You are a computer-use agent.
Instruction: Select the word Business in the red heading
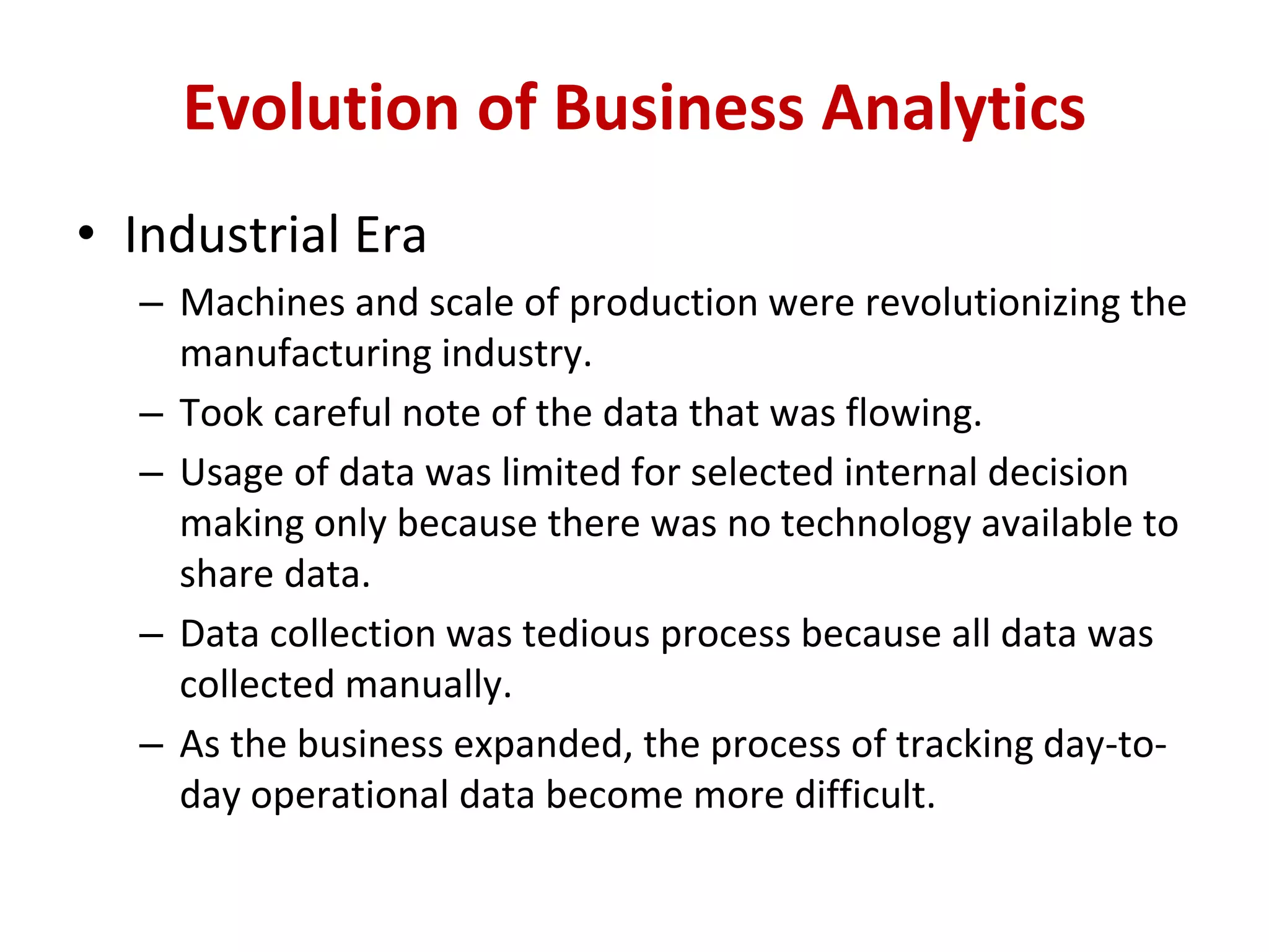click(x=678, y=108)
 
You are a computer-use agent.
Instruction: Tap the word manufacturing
click(x=305, y=354)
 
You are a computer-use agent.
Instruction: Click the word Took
click(x=221, y=413)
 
